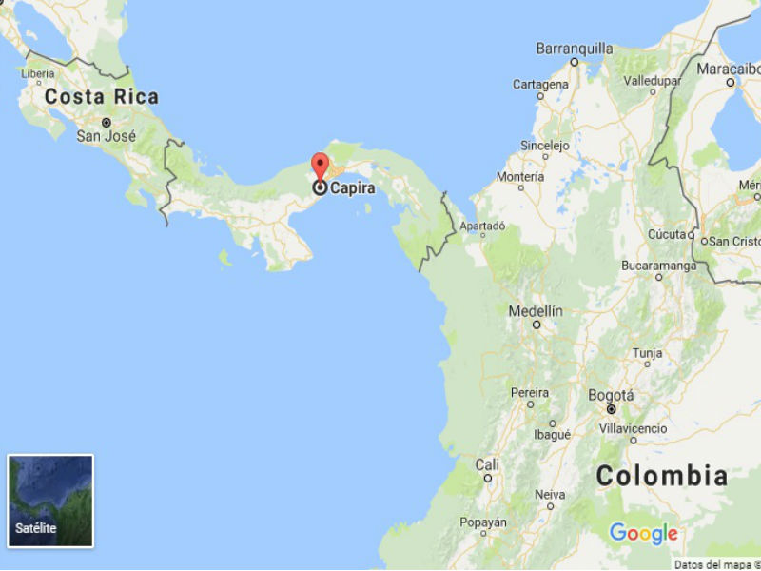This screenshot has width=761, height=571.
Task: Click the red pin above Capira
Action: coord(321,165)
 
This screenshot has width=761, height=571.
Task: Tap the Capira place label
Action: coord(352,188)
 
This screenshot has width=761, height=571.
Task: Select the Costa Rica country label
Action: coord(102,97)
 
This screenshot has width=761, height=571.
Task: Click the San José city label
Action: coord(107,137)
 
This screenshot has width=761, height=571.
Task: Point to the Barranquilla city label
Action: coord(574,48)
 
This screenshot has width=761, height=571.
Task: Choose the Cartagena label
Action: coord(540,85)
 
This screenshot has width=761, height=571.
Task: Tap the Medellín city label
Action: coord(536,311)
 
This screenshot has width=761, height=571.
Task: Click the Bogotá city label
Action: coord(611,395)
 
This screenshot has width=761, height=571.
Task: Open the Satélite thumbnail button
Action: coord(50,501)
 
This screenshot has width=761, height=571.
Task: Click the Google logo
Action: coord(644,533)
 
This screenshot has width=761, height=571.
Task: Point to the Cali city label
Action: coord(487,464)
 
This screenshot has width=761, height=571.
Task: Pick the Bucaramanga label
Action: coord(658,266)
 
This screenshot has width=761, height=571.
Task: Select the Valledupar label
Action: coord(652,81)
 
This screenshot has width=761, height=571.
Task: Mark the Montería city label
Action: coord(520,177)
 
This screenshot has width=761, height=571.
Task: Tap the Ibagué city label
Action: coord(552,434)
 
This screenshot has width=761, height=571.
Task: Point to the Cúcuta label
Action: coord(667,234)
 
